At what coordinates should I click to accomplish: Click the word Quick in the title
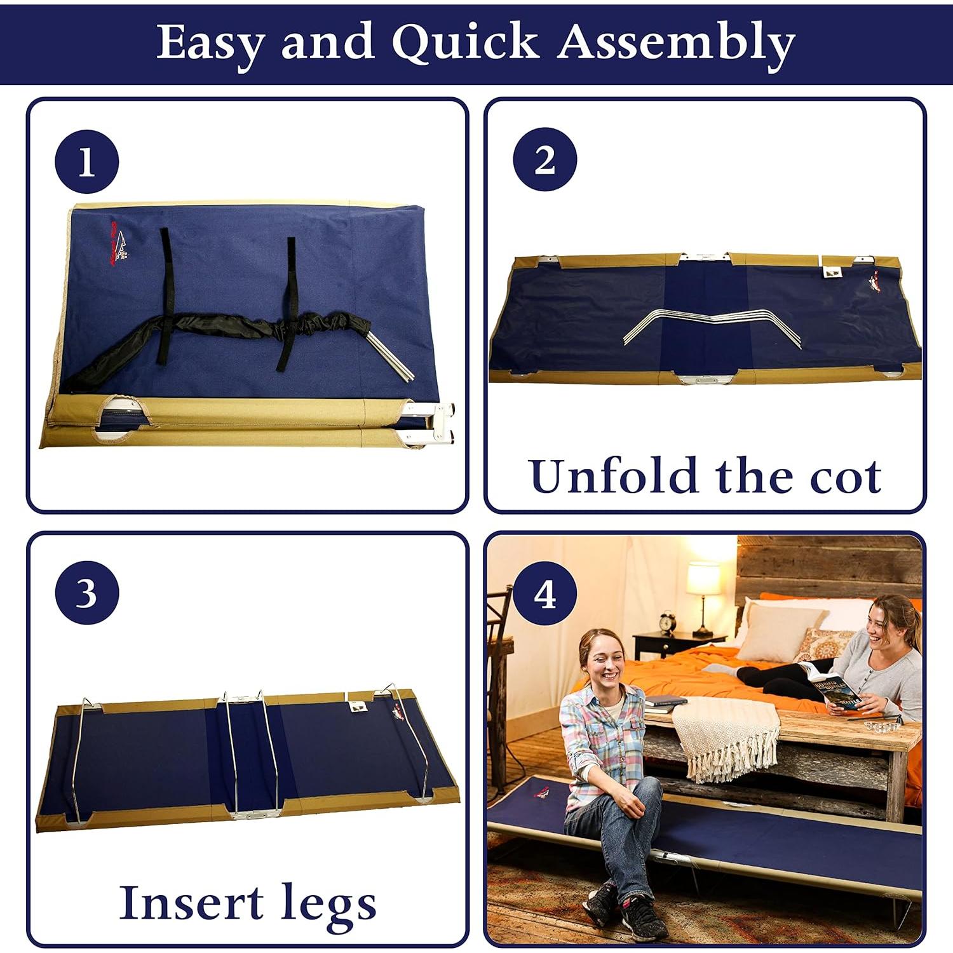pos(466,43)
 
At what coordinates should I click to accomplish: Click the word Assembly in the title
pos(677,43)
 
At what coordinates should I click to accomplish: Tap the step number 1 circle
pos(87,163)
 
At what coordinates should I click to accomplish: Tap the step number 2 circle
pos(544,159)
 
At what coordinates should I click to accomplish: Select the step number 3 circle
pos(87,593)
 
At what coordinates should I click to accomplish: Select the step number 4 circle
pos(545,595)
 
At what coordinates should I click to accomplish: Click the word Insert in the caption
pos(191,902)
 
